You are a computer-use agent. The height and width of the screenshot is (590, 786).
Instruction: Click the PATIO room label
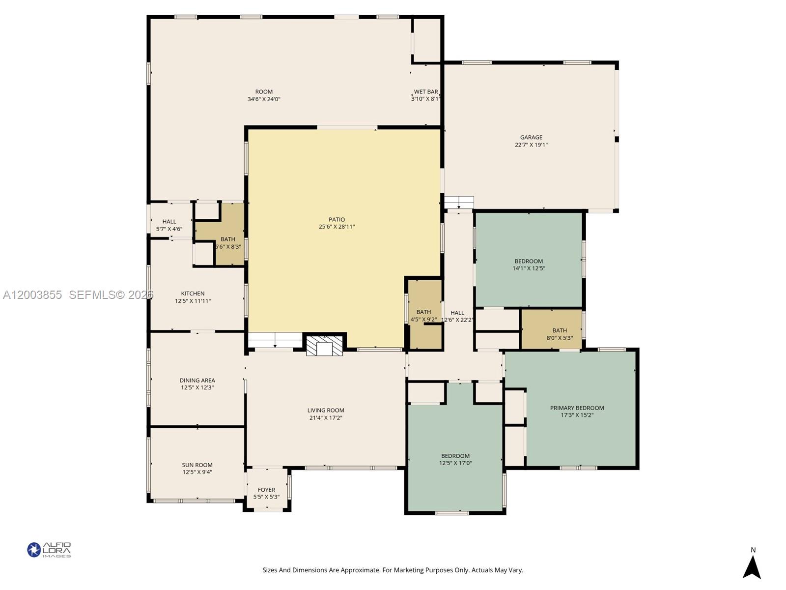pos(337,220)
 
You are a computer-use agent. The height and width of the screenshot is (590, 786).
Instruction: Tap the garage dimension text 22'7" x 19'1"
pos(531,145)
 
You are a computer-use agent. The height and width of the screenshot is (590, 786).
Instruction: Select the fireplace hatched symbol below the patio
pos(324,346)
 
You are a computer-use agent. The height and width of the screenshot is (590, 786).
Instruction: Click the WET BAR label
pos(425,92)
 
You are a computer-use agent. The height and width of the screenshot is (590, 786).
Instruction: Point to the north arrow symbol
pos(752,567)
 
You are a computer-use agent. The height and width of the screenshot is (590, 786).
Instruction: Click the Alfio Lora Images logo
pos(49,550)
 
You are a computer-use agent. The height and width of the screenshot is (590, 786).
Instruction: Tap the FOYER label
pos(266,490)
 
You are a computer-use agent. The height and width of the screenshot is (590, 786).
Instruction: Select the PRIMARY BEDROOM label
pos(577,408)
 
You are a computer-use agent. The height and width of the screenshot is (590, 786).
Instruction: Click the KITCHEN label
pos(193,294)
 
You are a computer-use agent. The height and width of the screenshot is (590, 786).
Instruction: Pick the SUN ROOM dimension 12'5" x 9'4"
pos(197,472)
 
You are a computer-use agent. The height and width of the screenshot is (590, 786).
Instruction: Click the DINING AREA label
pos(197,380)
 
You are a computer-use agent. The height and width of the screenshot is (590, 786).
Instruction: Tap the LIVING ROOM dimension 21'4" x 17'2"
pos(326,418)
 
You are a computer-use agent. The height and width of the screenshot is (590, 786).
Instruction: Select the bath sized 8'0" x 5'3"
pos(559,334)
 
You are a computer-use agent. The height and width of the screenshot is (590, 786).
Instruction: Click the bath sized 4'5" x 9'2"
pos(423,316)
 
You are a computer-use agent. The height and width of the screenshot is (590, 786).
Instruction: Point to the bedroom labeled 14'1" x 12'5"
pos(529,265)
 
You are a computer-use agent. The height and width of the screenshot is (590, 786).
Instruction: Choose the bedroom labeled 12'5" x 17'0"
pos(455,459)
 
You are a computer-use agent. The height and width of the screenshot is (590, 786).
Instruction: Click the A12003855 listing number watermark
pos(32,295)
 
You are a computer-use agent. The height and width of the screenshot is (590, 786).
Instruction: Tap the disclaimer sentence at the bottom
pos(393,570)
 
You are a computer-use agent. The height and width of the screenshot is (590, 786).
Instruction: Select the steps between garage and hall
pos(459,203)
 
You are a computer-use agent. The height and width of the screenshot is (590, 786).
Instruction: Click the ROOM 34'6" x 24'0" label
pos(264,95)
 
